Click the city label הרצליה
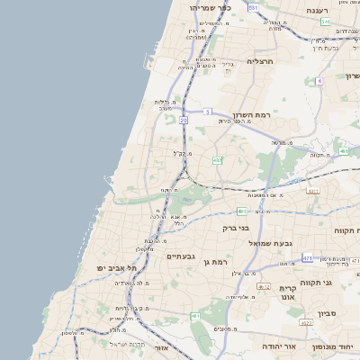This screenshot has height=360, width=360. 259,61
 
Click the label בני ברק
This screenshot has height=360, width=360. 236,228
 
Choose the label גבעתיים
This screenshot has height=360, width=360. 182,256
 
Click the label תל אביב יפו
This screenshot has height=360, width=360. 121,268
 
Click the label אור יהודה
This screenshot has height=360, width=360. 260,345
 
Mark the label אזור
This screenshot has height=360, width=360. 162,346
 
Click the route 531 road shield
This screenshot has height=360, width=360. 253,7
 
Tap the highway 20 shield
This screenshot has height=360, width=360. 184,119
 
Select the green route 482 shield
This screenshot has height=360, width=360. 217,159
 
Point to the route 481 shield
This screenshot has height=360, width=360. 242,211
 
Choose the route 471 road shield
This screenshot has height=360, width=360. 307,258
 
